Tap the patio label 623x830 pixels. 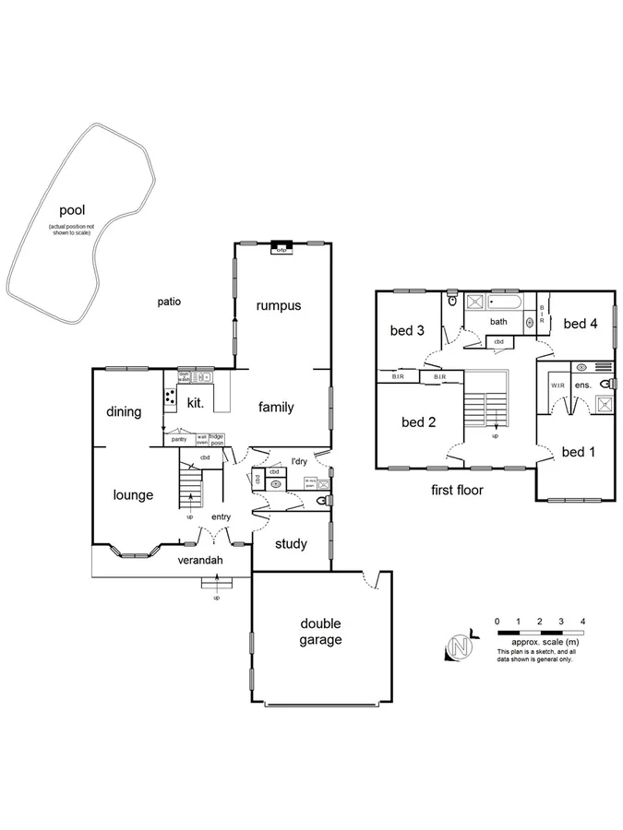[169, 301]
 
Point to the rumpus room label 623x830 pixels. [279, 305]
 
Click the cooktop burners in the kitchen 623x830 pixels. [171, 397]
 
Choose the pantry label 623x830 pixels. [179, 439]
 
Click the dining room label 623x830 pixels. [123, 412]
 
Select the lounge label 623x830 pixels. [133, 495]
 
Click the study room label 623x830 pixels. [291, 544]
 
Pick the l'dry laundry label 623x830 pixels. [299, 461]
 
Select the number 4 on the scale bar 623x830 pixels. [581, 621]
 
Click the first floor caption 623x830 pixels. [456, 490]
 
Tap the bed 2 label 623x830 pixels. [417, 422]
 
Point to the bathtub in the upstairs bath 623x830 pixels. [504, 302]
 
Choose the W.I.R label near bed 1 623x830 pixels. [557, 385]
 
